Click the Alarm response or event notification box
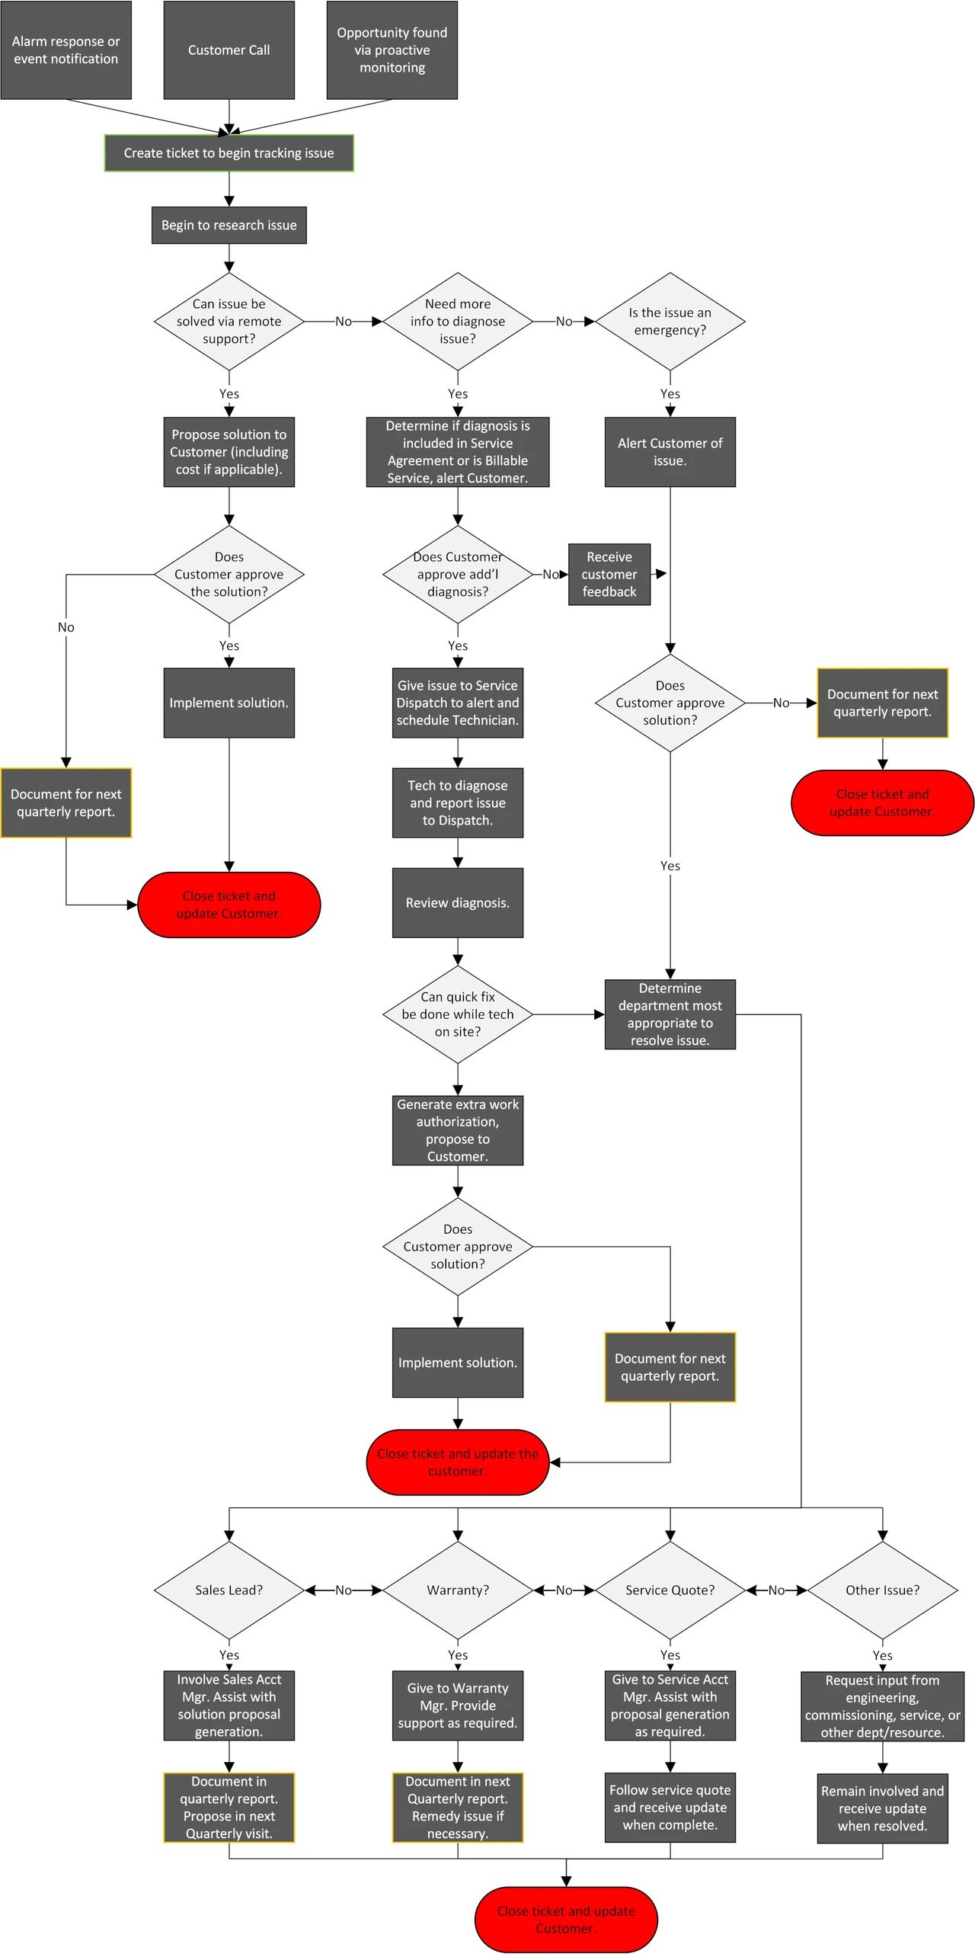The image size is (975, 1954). pos(66,50)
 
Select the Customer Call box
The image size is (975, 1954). pos(229,50)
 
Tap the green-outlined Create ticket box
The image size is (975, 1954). pos(229,153)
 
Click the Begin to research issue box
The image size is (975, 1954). pos(229,226)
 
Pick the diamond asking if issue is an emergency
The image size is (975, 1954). pos(670,322)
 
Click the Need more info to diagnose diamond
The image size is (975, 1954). pos(457,322)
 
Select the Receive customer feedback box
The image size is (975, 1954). pos(609,575)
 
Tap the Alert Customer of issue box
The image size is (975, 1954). pos(670,452)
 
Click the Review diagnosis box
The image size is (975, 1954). pos(457,903)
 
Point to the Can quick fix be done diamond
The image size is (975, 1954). pos(457,1014)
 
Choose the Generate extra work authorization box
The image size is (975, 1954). pos(457,1130)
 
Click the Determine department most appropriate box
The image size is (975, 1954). pos(670,1014)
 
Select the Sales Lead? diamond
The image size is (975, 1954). pos(229,1590)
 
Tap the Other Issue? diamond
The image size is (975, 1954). pos(882,1590)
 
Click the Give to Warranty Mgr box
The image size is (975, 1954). pos(457,1706)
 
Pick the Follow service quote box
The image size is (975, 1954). pos(670,1808)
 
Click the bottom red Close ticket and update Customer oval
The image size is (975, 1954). pos(565,1920)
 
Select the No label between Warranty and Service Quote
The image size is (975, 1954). pos(564,1590)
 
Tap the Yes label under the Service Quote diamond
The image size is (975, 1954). pos(670,1655)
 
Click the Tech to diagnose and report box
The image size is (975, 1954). pos(457,803)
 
